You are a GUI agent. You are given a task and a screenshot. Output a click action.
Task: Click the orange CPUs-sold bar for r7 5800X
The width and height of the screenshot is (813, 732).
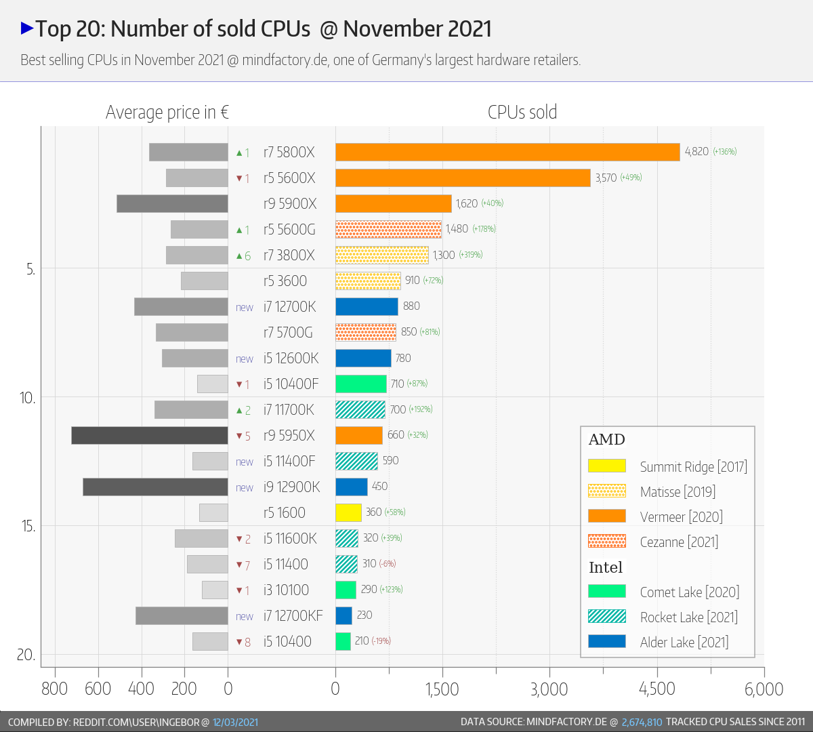(507, 152)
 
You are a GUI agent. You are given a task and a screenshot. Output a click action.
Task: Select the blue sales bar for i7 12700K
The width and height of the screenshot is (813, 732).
(367, 306)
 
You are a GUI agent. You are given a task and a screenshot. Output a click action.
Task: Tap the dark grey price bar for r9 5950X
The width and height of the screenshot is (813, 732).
(150, 435)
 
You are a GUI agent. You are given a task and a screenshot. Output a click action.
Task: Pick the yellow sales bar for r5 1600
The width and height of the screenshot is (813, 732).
(348, 512)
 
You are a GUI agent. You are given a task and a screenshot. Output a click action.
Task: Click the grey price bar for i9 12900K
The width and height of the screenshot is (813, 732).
(155, 487)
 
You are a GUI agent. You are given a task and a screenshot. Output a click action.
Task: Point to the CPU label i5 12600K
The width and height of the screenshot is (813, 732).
(291, 358)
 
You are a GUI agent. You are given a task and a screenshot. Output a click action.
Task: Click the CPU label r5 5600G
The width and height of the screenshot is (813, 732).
(289, 229)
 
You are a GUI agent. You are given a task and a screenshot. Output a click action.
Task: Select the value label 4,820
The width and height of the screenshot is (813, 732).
(696, 152)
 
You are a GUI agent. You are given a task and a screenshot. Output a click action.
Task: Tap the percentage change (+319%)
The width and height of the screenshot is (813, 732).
(471, 255)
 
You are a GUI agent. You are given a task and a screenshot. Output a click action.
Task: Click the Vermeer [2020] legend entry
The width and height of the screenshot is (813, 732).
(681, 516)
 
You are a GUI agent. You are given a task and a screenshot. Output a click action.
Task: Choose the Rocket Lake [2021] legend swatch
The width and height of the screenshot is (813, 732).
(607, 616)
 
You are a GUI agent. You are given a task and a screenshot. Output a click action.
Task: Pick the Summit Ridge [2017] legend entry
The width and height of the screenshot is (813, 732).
(693, 466)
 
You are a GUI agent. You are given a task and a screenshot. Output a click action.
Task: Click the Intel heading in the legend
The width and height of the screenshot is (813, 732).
(606, 567)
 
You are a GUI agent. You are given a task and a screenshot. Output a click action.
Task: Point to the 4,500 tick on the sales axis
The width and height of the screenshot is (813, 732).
(656, 689)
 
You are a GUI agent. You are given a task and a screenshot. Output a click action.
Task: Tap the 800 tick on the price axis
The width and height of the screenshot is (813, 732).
(55, 689)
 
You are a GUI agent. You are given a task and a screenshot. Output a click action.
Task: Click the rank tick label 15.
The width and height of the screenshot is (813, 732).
(28, 526)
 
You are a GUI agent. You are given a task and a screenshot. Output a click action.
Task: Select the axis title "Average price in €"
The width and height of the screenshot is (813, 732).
(167, 112)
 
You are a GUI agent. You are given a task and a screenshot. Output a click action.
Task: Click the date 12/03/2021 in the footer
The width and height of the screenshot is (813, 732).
(235, 722)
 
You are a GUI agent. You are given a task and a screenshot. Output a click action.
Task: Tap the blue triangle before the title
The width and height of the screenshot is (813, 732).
(27, 28)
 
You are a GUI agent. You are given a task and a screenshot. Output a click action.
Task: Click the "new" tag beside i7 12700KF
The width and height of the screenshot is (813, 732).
(245, 616)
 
